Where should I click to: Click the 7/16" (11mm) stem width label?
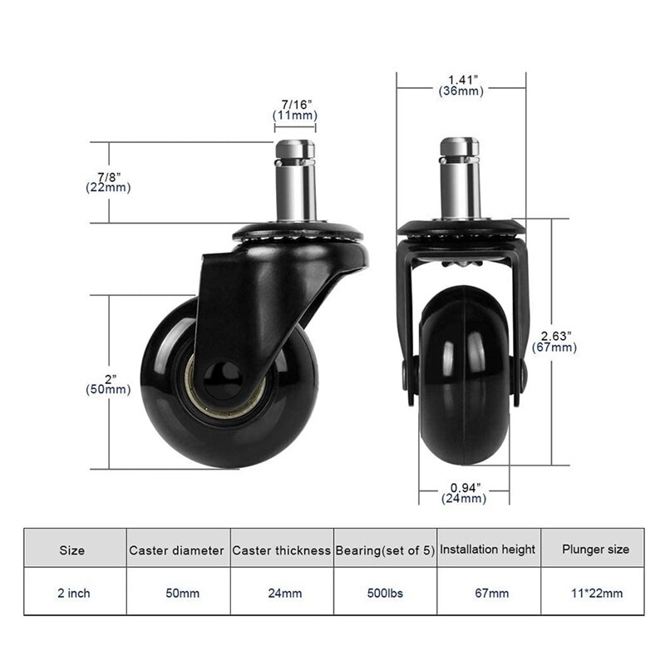[296, 110]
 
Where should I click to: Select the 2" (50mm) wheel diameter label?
[108, 383]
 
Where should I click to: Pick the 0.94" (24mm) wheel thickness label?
[463, 493]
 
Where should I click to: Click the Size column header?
[73, 549]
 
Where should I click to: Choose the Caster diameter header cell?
[176, 549]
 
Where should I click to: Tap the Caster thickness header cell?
[282, 549]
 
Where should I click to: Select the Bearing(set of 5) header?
[385, 549]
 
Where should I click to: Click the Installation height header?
[487, 549]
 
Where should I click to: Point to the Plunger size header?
[595, 549]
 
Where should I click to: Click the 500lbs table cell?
[385, 593]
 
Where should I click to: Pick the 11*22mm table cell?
[595, 593]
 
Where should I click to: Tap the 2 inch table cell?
[73, 593]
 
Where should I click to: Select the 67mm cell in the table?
[487, 593]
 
